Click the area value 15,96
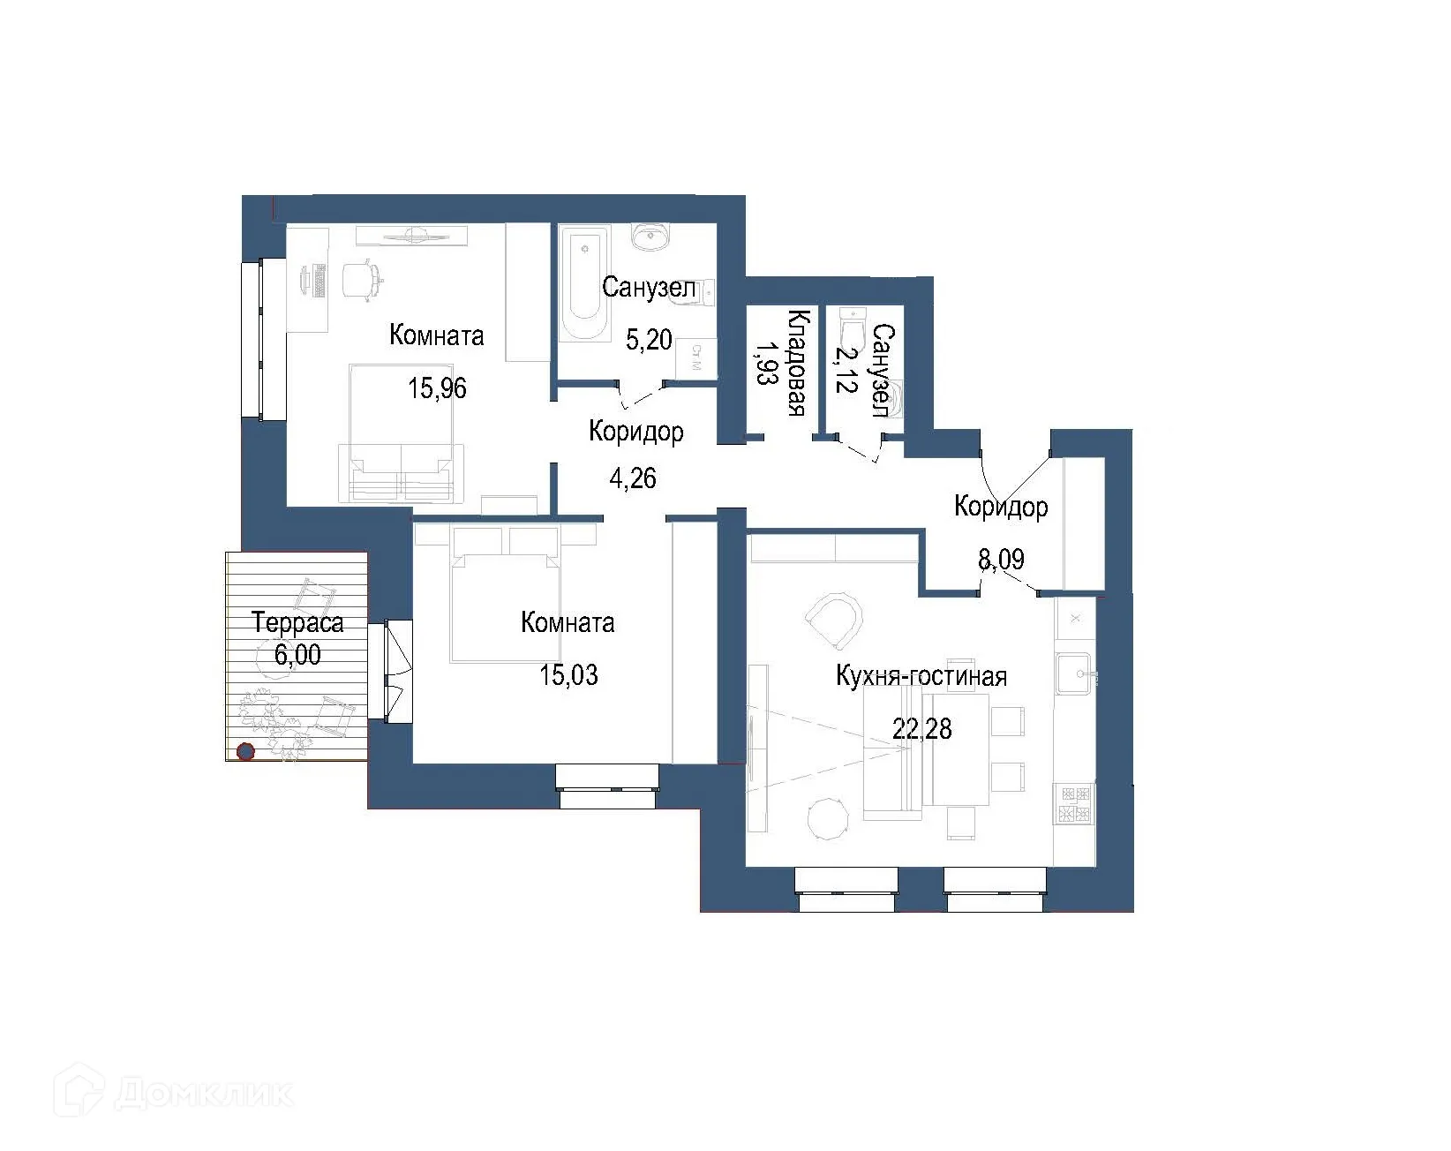pyautogui.click(x=437, y=387)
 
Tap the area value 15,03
pyautogui.click(x=568, y=675)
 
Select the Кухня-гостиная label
pyautogui.click(x=921, y=677)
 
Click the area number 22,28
pyautogui.click(x=921, y=729)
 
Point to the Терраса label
pyautogui.click(x=297, y=623)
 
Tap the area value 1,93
pyautogui.click(x=764, y=363)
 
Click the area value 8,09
pyautogui.click(x=1001, y=560)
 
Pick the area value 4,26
pyautogui.click(x=633, y=478)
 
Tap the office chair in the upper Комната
pyautogui.click(x=361, y=279)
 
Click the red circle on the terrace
pyautogui.click(x=245, y=752)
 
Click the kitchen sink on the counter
pyautogui.click(x=1074, y=674)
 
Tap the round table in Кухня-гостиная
pyautogui.click(x=830, y=819)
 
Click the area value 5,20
pyautogui.click(x=649, y=339)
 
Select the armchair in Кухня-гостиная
pyautogui.click(x=833, y=620)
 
